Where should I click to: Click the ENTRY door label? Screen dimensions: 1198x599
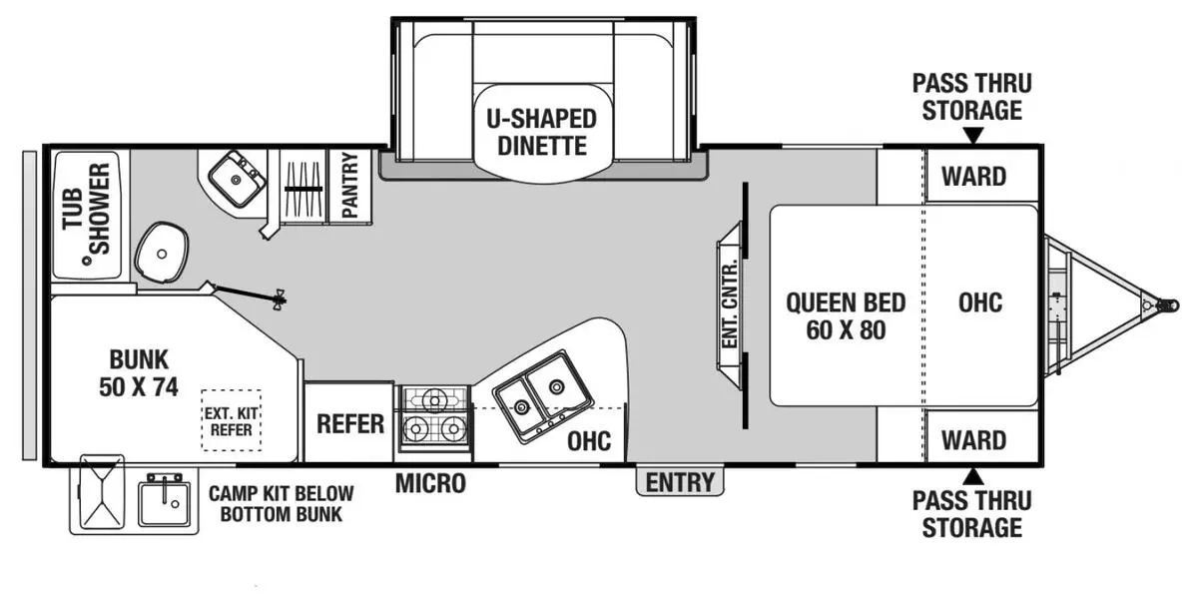tap(680, 482)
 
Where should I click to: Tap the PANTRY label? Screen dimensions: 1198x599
tap(349, 185)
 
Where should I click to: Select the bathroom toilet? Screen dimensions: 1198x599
tap(162, 253)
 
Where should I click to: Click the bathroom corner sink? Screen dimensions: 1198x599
tap(237, 179)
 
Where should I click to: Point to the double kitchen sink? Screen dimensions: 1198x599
tap(542, 396)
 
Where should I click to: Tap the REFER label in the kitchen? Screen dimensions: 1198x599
tap(350, 424)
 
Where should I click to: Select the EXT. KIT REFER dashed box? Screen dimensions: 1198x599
tap(231, 420)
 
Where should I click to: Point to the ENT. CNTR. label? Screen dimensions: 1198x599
tap(730, 303)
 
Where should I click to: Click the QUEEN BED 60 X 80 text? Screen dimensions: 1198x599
tap(846, 316)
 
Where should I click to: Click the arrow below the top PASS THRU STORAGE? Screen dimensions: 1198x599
tap(973, 136)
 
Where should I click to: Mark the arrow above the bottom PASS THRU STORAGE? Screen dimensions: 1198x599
tap(973, 476)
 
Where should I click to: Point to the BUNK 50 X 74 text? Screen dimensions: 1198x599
tap(139, 372)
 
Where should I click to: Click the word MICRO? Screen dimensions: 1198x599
tap(430, 483)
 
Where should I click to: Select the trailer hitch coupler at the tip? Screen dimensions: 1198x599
tap(1167, 305)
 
